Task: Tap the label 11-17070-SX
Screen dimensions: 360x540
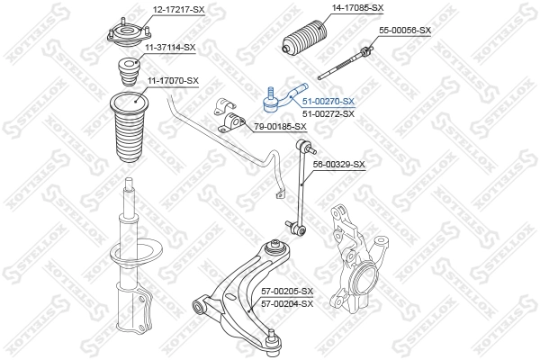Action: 172,81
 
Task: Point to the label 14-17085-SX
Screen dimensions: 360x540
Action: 358,8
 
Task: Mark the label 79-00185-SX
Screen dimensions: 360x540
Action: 281,126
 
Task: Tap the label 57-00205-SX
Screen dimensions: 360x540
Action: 287,292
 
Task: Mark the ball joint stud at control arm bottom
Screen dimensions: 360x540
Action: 272,341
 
